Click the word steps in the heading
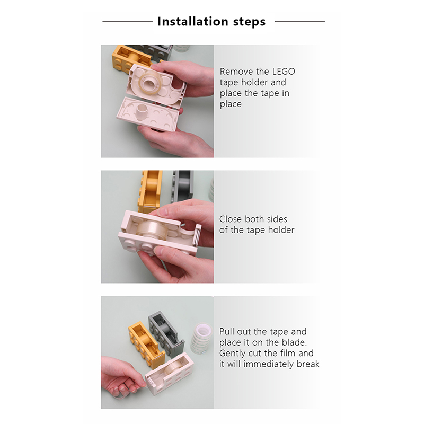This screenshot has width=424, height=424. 249,22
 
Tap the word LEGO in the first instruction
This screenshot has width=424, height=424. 284,72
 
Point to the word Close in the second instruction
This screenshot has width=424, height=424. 231,219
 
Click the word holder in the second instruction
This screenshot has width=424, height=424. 281,230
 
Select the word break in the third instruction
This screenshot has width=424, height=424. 308,364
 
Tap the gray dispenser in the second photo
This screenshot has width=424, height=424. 183,187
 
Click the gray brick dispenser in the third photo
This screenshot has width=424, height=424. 166,334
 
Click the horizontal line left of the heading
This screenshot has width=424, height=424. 127,22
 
